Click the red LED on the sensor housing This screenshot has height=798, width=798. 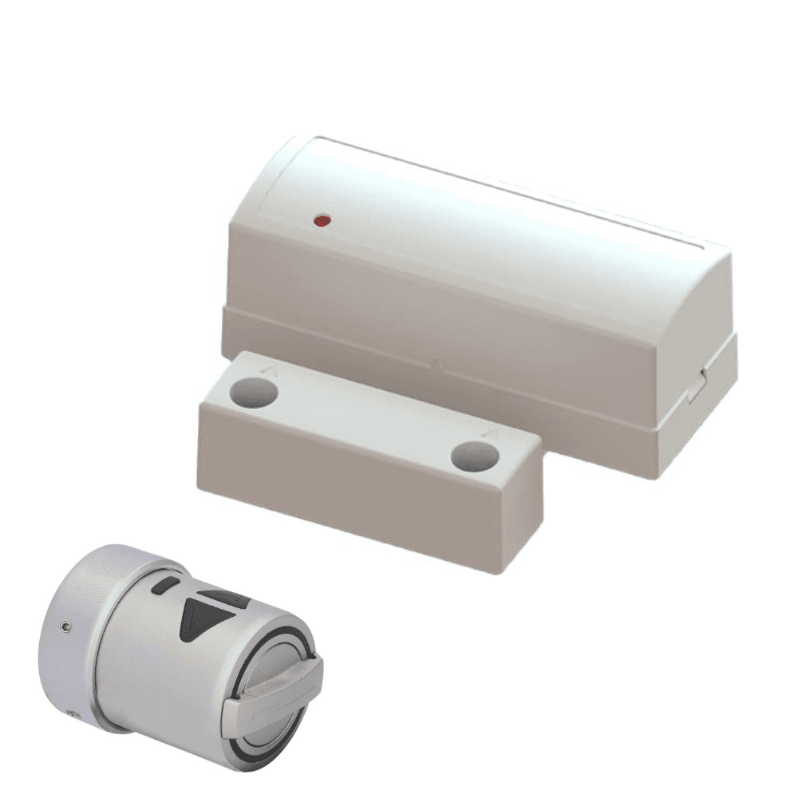click(x=322, y=219)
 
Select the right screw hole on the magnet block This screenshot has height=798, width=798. click(x=474, y=456)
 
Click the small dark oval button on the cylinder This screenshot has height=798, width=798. click(x=163, y=587)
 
